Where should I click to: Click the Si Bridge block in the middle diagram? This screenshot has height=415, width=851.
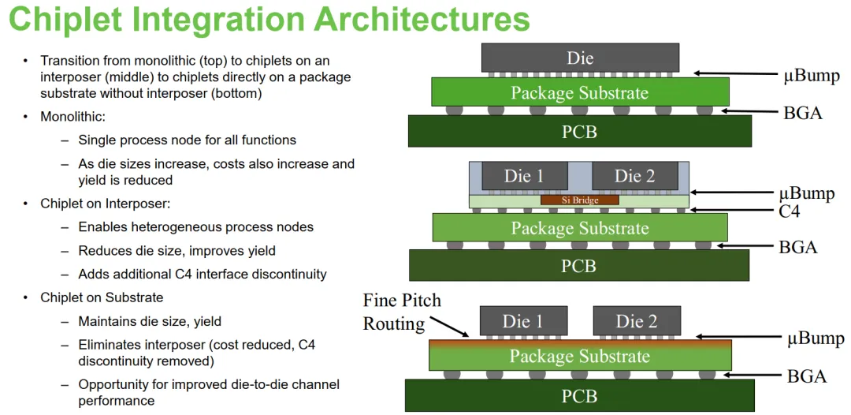click(580, 200)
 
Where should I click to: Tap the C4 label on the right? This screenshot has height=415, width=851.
click(789, 210)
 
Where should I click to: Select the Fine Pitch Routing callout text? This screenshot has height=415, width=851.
click(402, 312)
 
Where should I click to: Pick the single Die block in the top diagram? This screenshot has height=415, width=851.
click(580, 58)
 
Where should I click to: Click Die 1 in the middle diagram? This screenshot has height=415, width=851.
click(524, 175)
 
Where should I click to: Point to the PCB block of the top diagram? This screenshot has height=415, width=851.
click(580, 131)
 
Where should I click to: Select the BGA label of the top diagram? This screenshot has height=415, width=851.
click(803, 113)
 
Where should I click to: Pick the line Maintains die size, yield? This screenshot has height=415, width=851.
click(150, 322)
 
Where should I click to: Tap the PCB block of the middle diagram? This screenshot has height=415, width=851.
click(579, 265)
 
